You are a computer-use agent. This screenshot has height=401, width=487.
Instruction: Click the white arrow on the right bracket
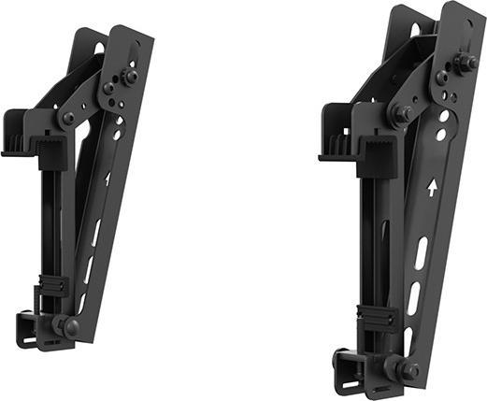pyautogui.click(x=430, y=188)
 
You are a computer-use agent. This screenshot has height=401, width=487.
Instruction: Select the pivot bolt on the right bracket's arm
pyautogui.click(x=401, y=113)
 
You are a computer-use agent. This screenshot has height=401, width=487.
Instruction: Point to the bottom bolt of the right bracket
pyautogui.click(x=408, y=370)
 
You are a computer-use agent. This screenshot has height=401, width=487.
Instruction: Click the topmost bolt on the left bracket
pyautogui.click(x=129, y=76)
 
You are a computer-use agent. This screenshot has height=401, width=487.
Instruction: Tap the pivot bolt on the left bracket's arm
pyautogui.click(x=68, y=119)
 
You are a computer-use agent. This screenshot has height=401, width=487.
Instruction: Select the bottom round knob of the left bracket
pyautogui.click(x=71, y=326)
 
